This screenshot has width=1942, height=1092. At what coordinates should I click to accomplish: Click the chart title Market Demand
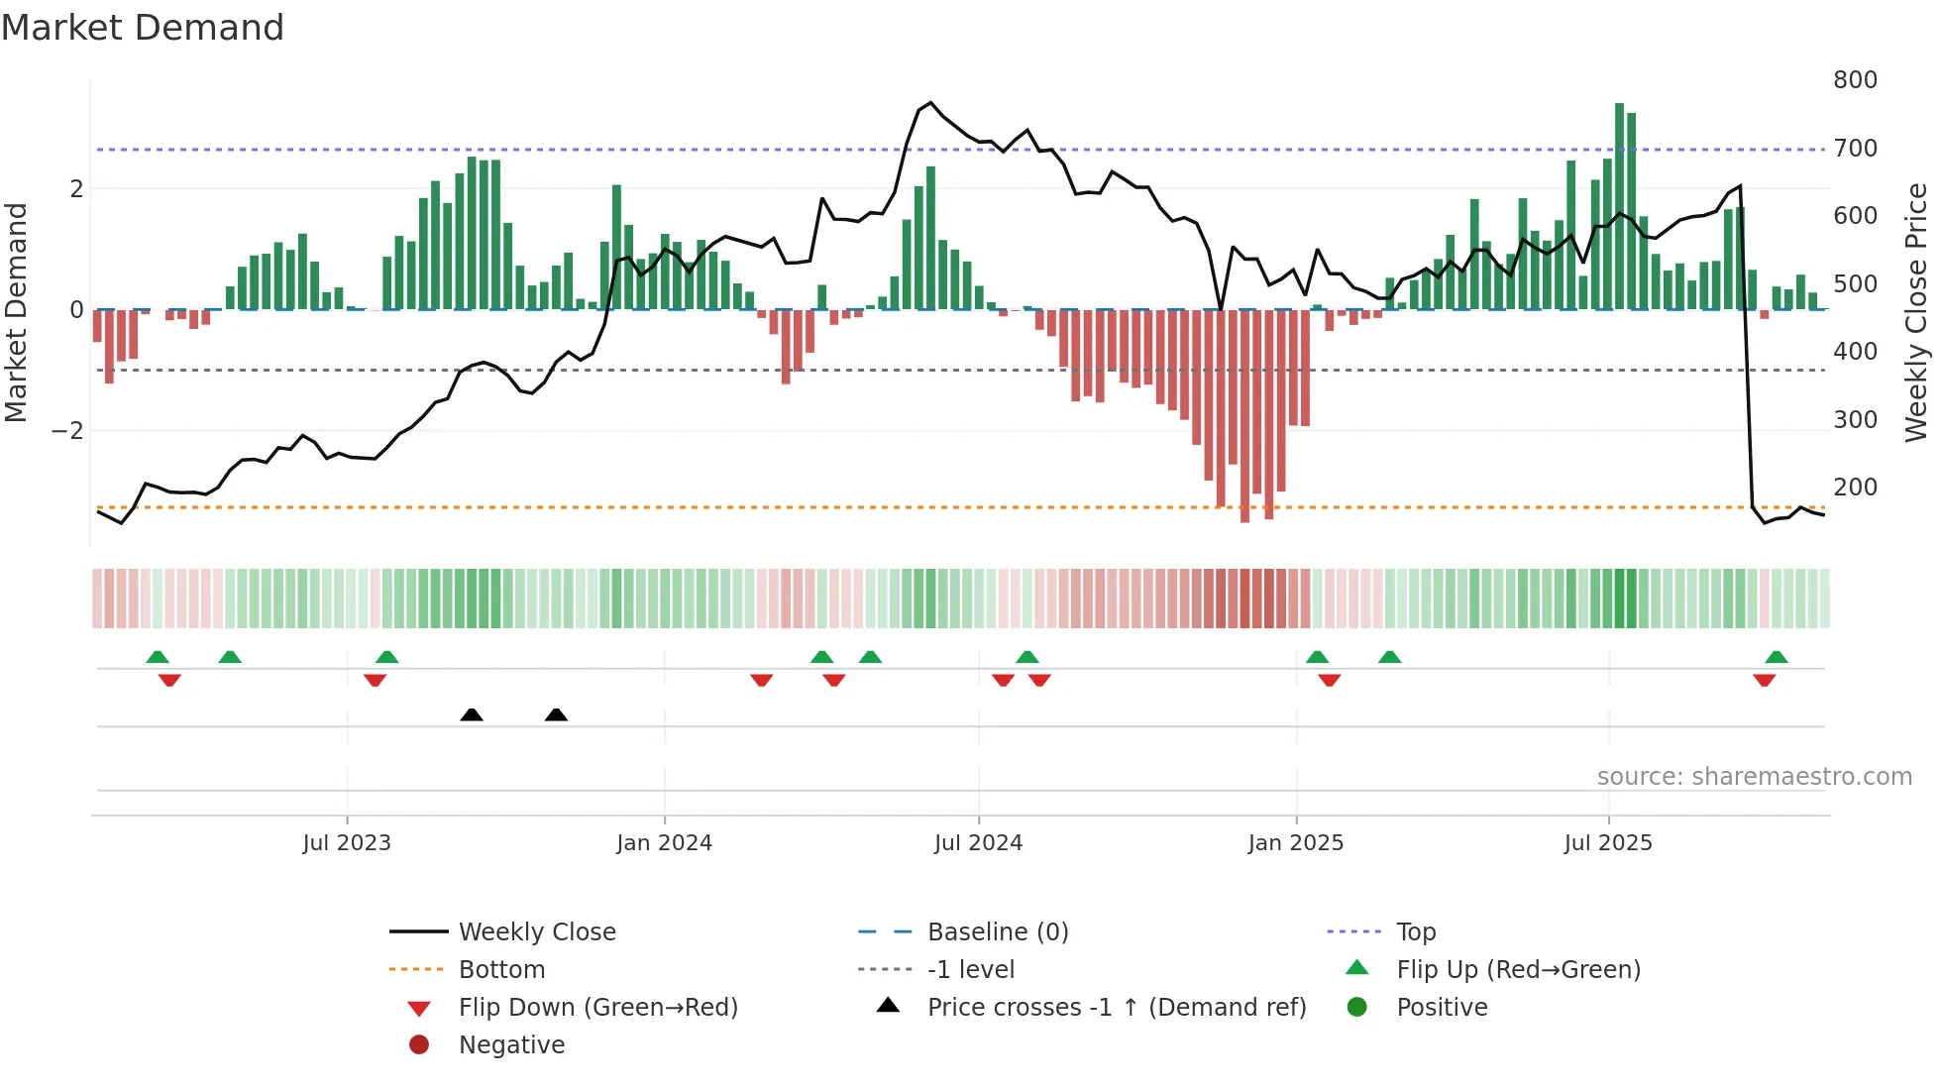(143, 28)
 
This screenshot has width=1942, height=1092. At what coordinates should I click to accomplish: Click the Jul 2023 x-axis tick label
(347, 843)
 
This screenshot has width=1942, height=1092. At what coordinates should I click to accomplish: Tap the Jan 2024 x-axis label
(664, 843)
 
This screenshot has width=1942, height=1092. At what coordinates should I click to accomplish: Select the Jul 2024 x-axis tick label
(978, 843)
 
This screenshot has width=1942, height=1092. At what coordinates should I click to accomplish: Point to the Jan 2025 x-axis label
(1295, 843)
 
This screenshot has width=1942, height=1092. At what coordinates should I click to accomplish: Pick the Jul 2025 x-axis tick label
(1608, 843)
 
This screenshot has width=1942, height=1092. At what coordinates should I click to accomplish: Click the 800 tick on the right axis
(1855, 80)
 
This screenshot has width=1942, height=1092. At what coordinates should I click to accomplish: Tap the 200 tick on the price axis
(1855, 488)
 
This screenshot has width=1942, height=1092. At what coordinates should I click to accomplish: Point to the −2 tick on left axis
(67, 431)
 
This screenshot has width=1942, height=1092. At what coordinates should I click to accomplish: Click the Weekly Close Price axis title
(1916, 312)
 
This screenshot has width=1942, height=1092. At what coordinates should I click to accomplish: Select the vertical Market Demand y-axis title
(16, 312)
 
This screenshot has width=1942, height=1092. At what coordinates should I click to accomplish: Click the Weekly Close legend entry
(536, 932)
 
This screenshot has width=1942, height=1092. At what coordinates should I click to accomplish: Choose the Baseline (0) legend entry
(997, 932)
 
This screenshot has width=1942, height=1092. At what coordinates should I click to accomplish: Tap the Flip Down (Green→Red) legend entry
(597, 1008)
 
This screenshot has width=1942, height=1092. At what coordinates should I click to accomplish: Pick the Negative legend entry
(511, 1045)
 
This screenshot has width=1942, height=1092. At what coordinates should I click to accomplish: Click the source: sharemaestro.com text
(1754, 777)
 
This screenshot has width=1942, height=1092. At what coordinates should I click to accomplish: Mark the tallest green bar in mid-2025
(1619, 206)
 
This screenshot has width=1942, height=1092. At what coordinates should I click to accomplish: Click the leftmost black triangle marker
(472, 714)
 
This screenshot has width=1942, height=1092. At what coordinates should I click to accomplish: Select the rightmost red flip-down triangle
(1764, 680)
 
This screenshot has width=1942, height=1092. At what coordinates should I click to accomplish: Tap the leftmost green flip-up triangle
(158, 657)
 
